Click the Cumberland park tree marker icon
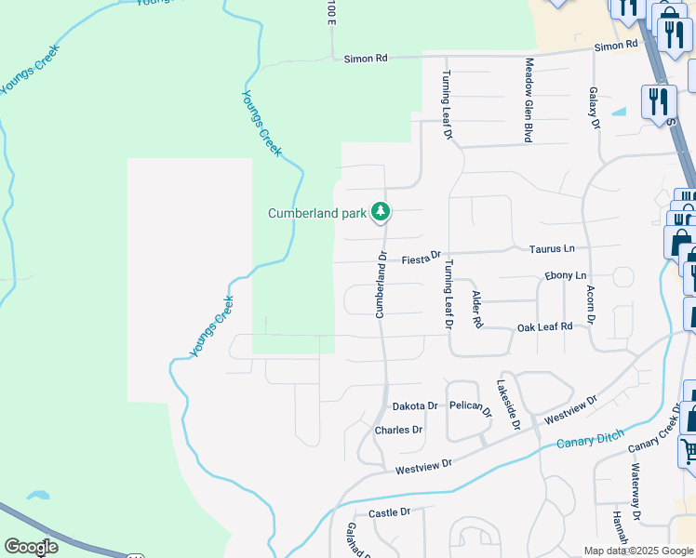coord(380,213)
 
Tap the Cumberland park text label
coord(317,213)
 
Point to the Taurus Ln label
coord(552,248)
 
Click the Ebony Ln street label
coord(565,276)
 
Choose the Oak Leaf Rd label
coord(544,326)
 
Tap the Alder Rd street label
coord(477,310)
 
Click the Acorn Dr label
coord(591,305)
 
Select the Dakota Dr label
coord(414,406)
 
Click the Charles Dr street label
coord(398,431)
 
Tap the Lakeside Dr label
coord(507,405)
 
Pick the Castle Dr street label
coord(389,513)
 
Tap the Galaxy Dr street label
coord(593,108)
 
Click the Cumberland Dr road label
coord(381,285)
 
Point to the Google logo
coord(31,547)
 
